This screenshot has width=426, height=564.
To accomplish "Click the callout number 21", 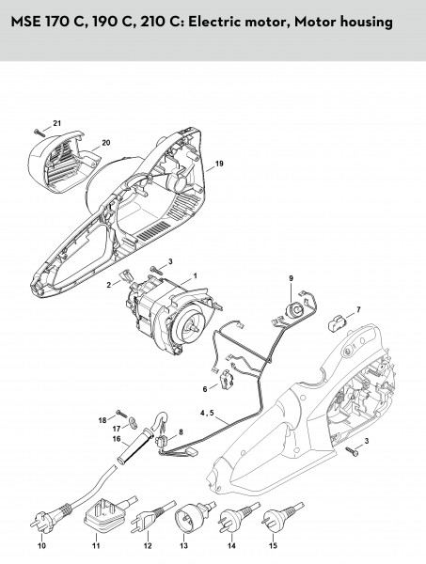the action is pos(57,123).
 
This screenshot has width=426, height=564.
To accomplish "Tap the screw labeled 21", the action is pos(39,133).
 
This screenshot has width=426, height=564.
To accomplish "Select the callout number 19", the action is pos(219,164).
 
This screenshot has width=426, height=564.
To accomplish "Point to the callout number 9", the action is pos(291,278).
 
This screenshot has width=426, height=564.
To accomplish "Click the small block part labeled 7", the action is pos(337,321).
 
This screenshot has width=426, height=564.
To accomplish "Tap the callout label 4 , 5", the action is pos(207,413).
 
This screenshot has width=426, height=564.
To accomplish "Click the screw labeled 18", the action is pos(122,414).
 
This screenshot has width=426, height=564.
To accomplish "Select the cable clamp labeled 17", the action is pos(134,422).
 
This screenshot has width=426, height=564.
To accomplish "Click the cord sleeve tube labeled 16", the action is pos(131,446).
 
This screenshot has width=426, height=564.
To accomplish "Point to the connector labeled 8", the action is pos(163,440).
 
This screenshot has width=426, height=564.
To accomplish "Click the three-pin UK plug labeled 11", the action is pos(108,515).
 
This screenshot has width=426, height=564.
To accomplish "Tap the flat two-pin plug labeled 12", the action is pos(151,518).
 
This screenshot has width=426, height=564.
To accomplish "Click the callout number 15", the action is pos(273,545).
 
